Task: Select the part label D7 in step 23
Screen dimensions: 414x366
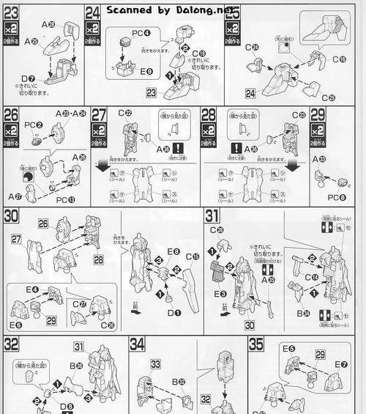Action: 27,78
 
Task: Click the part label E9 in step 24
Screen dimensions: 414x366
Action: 146,72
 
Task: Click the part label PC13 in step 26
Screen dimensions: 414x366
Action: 65,199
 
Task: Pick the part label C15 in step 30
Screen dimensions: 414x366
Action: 192,256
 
